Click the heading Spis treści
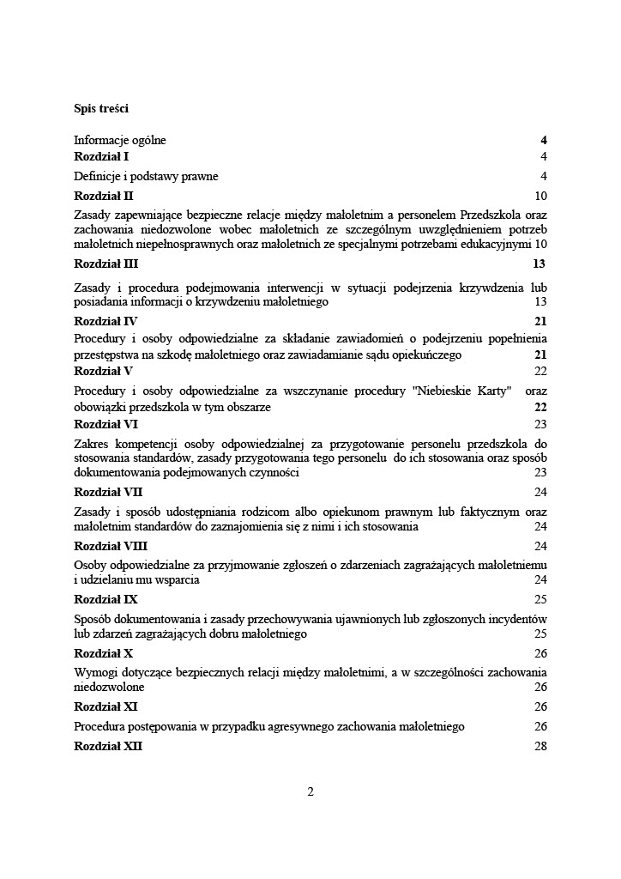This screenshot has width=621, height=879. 101,109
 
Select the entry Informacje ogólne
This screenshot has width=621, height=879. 120,140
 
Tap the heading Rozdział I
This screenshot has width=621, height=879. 100,156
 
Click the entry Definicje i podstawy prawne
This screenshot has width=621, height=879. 146,176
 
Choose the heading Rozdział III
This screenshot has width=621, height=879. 106,264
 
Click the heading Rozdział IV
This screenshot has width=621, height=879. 106,321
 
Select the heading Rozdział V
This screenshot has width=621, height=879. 104,371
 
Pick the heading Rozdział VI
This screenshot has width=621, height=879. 106,424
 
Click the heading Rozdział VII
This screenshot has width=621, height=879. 109,492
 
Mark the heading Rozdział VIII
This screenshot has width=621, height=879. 112,545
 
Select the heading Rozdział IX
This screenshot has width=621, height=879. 106,599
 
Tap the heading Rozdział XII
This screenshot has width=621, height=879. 109,746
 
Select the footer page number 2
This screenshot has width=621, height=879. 310,791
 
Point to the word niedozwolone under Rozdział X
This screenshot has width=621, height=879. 109,688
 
